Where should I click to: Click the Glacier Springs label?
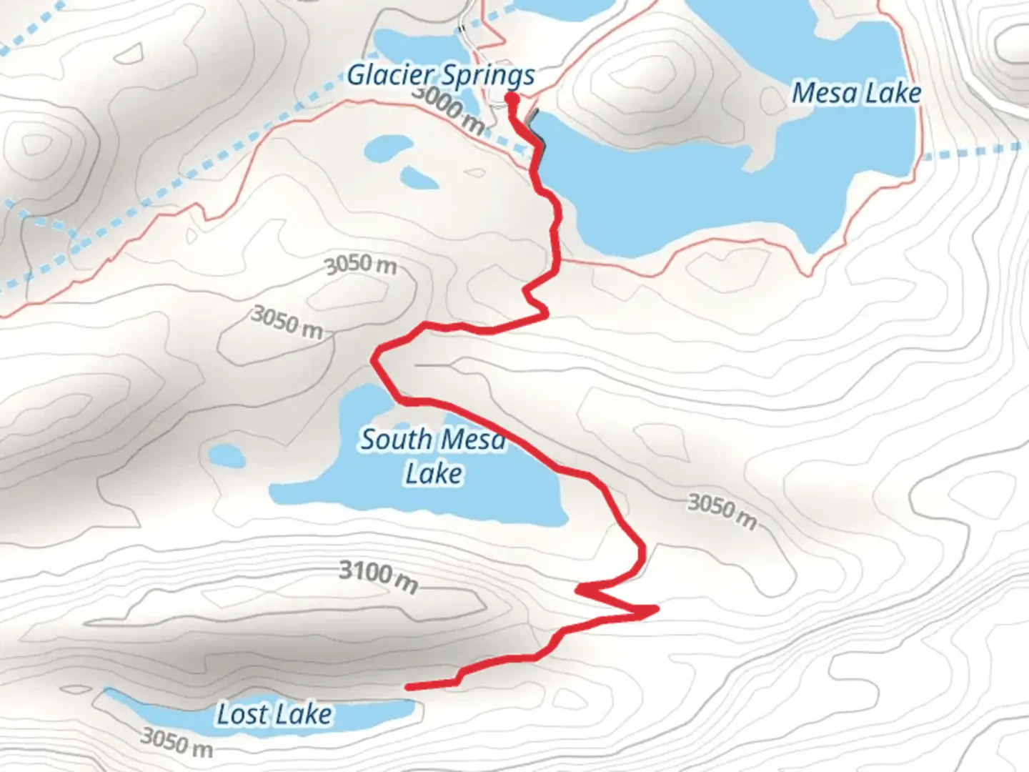(441, 75)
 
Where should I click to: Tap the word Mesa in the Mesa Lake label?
(823, 93)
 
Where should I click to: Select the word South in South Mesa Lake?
(396, 440)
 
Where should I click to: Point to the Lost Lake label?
(274, 714)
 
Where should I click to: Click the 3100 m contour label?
(378, 576)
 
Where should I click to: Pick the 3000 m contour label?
(449, 111)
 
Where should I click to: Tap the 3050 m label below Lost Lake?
(177, 742)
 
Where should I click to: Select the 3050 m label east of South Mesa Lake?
(722, 510)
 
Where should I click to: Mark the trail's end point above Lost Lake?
(407, 687)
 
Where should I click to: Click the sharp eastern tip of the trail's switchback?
(655, 609)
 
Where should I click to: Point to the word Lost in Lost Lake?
(242, 714)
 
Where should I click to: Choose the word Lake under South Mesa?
(434, 473)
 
